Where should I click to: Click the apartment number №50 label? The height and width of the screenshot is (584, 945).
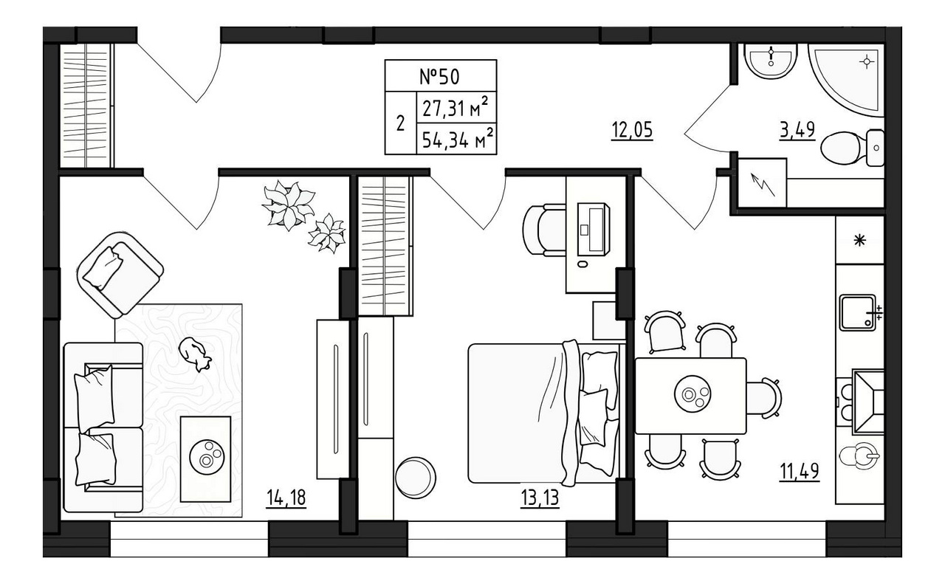coord(439,77)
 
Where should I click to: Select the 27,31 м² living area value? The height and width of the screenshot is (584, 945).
coord(456,108)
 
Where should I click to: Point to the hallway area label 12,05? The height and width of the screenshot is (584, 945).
coord(632,131)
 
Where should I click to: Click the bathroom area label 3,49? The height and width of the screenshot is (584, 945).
coord(797,131)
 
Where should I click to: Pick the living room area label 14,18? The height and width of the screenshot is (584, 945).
coord(286,498)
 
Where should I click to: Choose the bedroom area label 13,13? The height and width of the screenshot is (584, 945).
coord(540,498)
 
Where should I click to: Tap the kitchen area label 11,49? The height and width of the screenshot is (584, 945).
coord(800,471)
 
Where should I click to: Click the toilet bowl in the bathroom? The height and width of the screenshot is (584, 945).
coord(852,148)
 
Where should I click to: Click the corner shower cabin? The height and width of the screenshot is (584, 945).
coord(846,80)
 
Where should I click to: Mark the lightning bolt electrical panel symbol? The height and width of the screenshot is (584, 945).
coord(763,185)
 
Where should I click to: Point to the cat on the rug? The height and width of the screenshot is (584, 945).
coord(194,354)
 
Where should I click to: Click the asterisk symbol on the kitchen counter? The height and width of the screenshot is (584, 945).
coord(860,241)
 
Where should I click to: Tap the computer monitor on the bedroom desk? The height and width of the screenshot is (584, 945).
coord(593,229)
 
